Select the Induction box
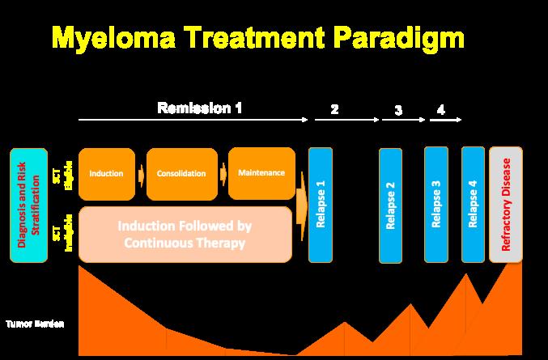107,174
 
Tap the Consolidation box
181,174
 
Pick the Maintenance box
261,173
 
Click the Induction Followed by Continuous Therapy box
186,234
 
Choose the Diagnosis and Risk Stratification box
28,205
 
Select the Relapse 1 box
320,205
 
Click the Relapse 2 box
390,206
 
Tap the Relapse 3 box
436,205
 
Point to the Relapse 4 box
473,205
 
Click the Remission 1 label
199,108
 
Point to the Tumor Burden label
35,324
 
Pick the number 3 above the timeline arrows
398,110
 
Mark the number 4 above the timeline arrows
440,110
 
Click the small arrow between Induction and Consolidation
141,174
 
